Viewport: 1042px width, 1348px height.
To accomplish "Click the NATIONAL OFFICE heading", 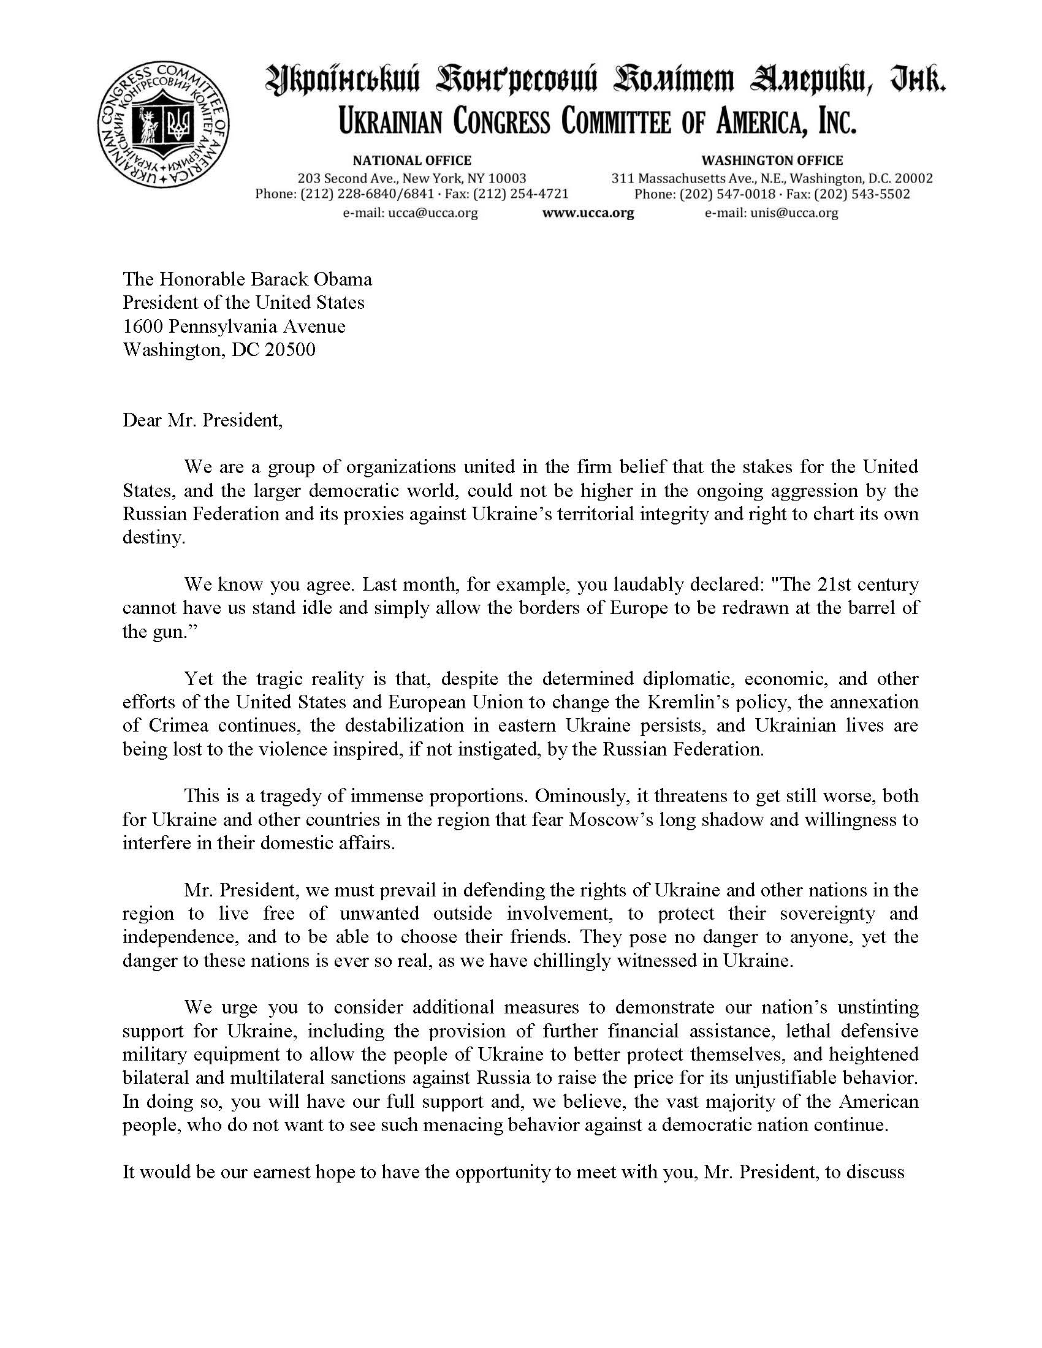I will coord(412,161).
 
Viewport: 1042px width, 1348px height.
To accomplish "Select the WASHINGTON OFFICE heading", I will coord(772,161).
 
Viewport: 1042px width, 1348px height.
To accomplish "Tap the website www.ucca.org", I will coord(588,214).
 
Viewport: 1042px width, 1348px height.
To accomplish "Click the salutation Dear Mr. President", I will coord(202,421).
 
